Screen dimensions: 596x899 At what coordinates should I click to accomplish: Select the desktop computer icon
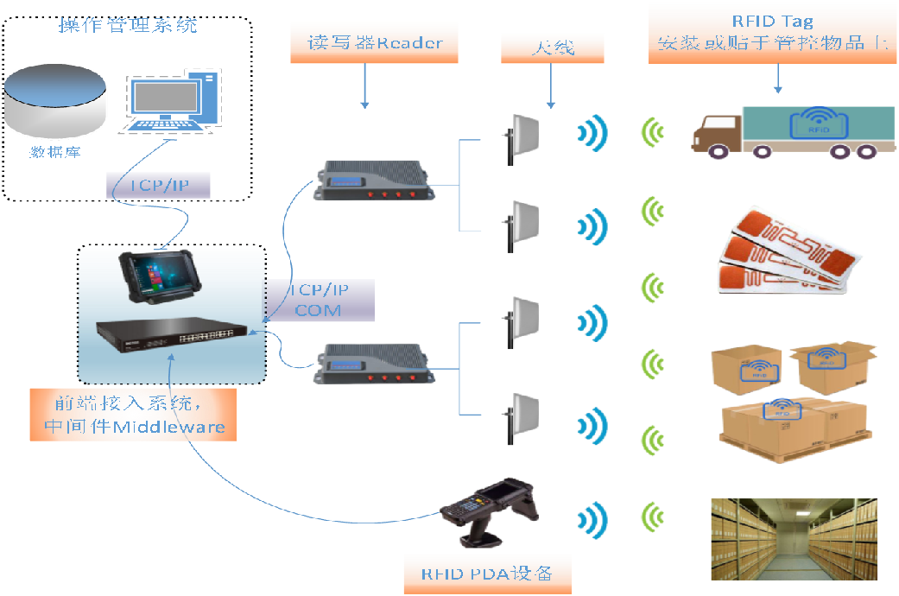pyautogui.click(x=172, y=103)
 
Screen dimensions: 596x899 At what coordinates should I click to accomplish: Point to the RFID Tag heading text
pyautogui.click(x=772, y=22)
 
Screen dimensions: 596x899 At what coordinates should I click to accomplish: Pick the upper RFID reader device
pyautogui.click(x=376, y=181)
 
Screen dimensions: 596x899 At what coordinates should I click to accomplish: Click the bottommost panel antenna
pyautogui.click(x=523, y=418)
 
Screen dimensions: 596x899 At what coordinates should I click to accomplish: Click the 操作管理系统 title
pyautogui.click(x=127, y=26)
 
